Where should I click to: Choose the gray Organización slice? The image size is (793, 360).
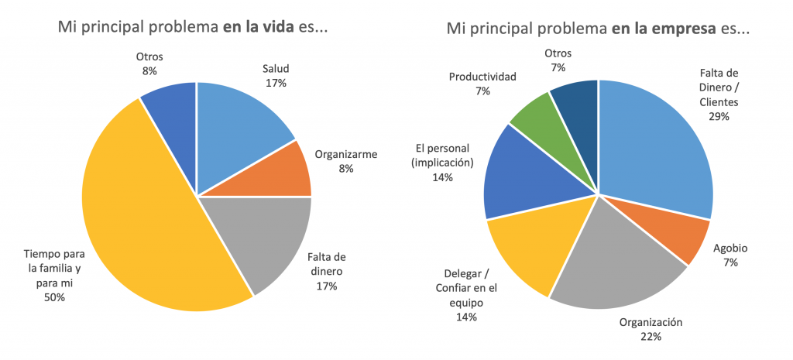(612, 263)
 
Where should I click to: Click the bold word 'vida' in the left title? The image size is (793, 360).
(280, 28)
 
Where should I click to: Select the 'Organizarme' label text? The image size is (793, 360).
(345, 154)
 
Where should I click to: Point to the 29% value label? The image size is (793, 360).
(719, 116)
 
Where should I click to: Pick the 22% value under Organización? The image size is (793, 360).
(651, 336)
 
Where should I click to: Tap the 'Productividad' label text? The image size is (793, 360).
(482, 77)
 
